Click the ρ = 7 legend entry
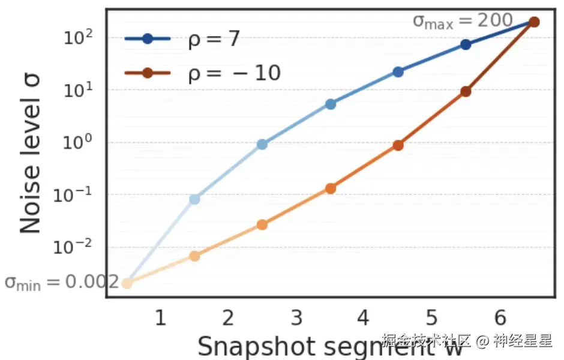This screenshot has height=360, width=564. (182, 40)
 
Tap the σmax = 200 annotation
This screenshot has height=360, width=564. (462, 21)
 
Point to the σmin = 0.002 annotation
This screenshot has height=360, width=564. (62, 282)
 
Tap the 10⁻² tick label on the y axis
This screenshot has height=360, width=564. (74, 247)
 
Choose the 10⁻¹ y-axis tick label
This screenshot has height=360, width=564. (74, 195)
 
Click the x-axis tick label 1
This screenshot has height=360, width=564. (160, 317)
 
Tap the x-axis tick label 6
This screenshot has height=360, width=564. (499, 317)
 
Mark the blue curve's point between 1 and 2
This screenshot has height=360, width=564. (194, 199)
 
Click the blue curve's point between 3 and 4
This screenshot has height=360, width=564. (330, 104)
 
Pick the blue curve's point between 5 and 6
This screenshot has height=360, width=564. (466, 45)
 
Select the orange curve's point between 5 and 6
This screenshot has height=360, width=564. (466, 92)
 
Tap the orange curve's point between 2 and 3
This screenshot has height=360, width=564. (262, 225)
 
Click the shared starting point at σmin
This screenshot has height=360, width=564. (127, 283)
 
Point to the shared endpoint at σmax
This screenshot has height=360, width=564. (534, 22)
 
